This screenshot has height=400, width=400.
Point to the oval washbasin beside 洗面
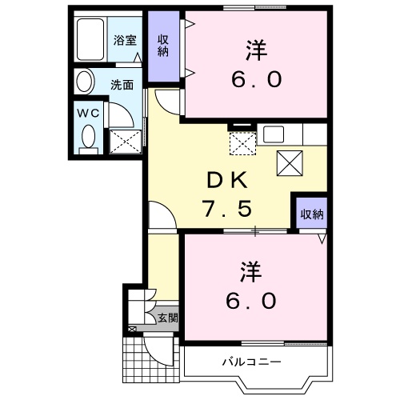pyautogui.click(x=85, y=82)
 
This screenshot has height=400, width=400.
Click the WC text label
pyautogui.click(x=87, y=114)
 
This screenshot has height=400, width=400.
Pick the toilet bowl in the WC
pyautogui.click(x=88, y=135)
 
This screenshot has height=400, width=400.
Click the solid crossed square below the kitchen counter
pyautogui.click(x=290, y=163)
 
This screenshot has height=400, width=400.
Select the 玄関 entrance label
pyautogui.click(x=167, y=318)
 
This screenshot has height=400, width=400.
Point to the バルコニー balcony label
pyautogui.click(x=251, y=362)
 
